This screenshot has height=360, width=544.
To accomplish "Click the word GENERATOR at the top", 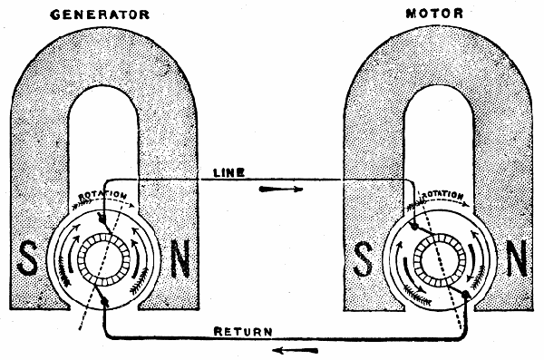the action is point(100,15).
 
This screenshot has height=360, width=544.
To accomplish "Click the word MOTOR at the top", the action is point(434,14).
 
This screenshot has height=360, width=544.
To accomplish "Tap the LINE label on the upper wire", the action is point(228,172).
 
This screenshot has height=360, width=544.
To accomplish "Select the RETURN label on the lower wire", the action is point(243,332).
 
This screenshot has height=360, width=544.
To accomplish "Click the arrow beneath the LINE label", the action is point(281,190).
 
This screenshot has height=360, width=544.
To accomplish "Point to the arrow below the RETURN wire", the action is point(296,351).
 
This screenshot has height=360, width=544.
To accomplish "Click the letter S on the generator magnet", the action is point(27,258).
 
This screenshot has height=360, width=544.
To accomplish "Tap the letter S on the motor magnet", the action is point(363,258).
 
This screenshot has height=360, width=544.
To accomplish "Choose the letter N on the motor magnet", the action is point(516,258).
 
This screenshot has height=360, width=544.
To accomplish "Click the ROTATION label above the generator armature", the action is point(102,195).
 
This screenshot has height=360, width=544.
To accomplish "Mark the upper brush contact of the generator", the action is point(102,218).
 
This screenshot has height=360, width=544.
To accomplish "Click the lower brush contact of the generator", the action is point(105,303).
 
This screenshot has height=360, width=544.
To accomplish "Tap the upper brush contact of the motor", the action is point(414,227).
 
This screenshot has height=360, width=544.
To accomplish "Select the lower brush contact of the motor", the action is point(466,295).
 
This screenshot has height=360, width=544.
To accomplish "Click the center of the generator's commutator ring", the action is point(103,259).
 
